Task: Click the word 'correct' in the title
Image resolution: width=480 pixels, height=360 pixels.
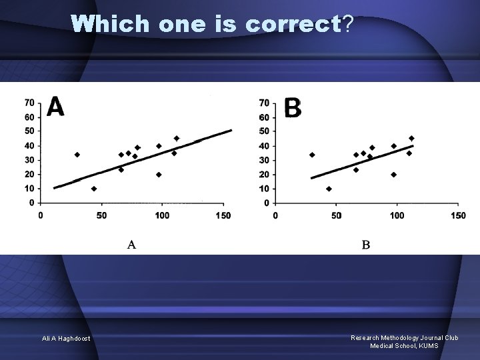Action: click(293, 24)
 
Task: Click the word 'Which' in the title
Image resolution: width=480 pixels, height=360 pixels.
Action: click(111, 24)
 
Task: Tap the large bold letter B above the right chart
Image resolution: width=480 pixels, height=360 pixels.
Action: click(292, 107)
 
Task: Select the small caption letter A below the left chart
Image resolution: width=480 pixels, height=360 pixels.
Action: click(131, 245)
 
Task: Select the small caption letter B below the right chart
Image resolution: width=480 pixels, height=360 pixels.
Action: click(366, 245)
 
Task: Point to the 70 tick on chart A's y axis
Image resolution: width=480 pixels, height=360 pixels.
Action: click(30, 103)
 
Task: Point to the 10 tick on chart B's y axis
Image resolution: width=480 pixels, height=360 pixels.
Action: click(265, 189)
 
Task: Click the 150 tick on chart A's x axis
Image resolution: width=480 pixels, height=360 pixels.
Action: click(223, 215)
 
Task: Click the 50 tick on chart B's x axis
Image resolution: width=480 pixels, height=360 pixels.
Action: click(336, 215)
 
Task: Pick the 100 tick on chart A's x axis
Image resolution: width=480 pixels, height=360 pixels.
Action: click(162, 215)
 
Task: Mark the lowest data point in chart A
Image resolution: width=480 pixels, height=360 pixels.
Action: click(94, 189)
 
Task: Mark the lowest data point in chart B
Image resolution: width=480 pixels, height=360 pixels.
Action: click(329, 189)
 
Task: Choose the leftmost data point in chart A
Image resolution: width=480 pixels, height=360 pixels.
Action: click(77, 155)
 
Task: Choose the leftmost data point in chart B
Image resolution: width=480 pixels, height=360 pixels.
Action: click(312, 155)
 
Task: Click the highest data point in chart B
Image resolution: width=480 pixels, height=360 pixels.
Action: click(411, 139)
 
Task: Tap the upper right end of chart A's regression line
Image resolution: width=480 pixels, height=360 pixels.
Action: click(231, 130)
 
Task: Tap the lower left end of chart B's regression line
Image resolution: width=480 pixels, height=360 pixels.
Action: click(312, 178)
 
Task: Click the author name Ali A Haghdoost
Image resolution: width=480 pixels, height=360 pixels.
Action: click(67, 339)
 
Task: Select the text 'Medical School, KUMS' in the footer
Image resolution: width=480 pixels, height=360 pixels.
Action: click(404, 345)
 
